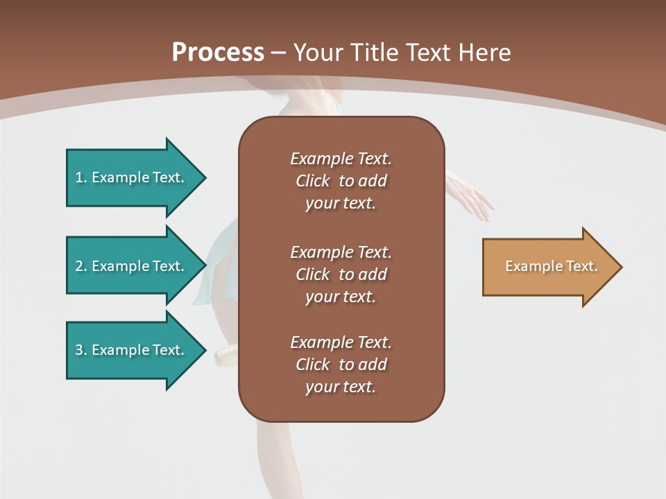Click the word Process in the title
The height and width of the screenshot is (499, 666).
click(218, 53)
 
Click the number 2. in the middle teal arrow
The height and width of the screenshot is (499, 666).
click(80, 266)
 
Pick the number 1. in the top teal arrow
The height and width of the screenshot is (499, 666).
click(80, 177)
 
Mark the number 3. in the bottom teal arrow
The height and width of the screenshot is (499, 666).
click(80, 350)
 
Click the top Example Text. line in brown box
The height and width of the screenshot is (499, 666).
click(341, 159)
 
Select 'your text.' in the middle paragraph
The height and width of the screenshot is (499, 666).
click(341, 297)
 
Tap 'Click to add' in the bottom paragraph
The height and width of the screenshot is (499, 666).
click(341, 365)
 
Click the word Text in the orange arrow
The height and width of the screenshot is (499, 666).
click(582, 266)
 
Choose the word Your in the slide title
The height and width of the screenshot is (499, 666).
click(317, 53)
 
